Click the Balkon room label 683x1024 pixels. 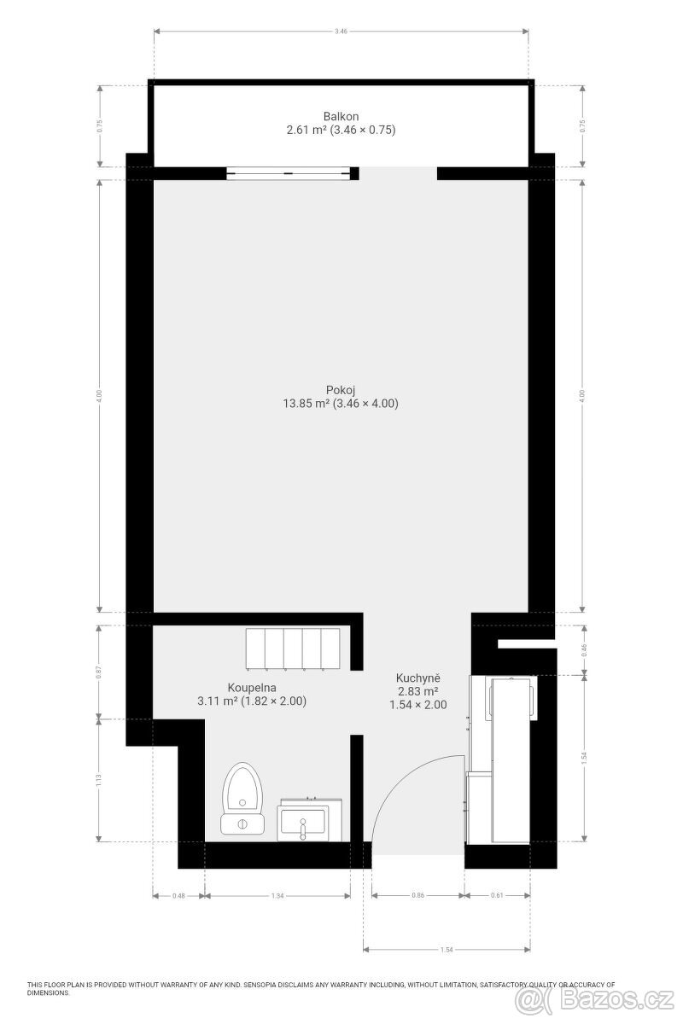pos(341,116)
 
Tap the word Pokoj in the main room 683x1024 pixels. pos(341,390)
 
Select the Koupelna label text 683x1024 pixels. pos(251,687)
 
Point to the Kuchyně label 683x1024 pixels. pos(417,677)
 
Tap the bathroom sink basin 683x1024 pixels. pos(302,821)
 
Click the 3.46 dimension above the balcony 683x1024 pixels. pos(341,31)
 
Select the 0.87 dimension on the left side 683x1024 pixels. pos(99,672)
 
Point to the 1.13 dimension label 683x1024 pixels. pos(99,780)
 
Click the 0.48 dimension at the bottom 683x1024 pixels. pos(179,896)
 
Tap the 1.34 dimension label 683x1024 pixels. pos(277,896)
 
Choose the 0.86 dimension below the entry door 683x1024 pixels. pos(417,896)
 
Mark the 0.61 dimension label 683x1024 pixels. pos(498,896)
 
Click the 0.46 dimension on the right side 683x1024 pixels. pos(584,649)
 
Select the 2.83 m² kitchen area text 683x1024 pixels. pos(417,691)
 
